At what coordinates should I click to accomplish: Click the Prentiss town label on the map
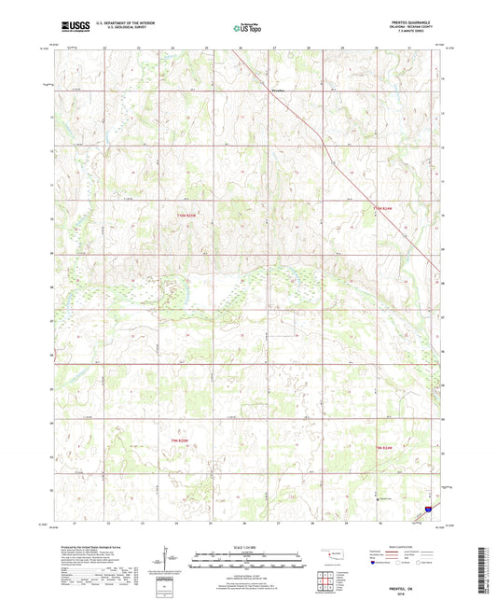[x=277, y=91]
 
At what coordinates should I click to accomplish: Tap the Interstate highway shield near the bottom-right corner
[x=428, y=510]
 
